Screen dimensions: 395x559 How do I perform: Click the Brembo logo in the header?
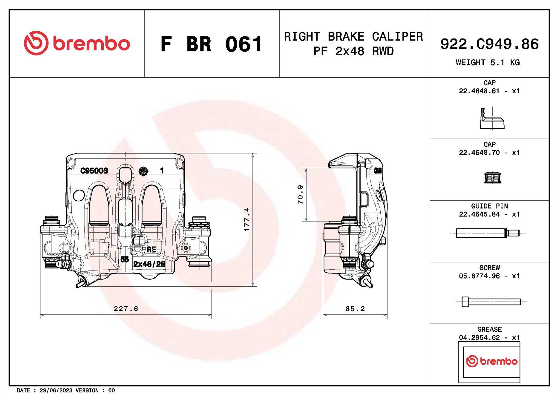pos(77,43)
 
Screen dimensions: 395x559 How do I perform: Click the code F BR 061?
pos(211,44)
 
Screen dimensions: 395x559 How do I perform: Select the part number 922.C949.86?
pos(489,44)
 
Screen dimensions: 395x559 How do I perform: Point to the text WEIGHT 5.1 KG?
pos(488,62)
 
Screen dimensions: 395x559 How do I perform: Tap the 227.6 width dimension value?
pos(126,309)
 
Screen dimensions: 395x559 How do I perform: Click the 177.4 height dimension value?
pos(247,219)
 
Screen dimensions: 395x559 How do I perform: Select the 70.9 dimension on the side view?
pos(300,194)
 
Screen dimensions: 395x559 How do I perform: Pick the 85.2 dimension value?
pos(355,309)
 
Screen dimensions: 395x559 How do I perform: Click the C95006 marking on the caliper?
pos(94,171)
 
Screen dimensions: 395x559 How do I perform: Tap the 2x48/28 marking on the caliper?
pos(149,264)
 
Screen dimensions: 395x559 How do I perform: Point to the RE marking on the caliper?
pos(151,250)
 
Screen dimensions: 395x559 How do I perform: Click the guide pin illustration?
pos(488,233)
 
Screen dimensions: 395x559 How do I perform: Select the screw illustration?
pos(491,302)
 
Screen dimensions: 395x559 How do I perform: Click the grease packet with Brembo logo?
pos(489,362)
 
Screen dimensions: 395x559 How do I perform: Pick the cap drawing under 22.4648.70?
pos(492,178)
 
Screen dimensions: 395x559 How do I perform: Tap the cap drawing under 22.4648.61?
pos(492,119)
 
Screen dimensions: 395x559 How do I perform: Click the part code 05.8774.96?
pos(479,276)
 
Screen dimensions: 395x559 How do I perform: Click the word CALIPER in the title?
pos(397,37)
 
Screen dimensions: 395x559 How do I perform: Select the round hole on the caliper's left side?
pos(79,195)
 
